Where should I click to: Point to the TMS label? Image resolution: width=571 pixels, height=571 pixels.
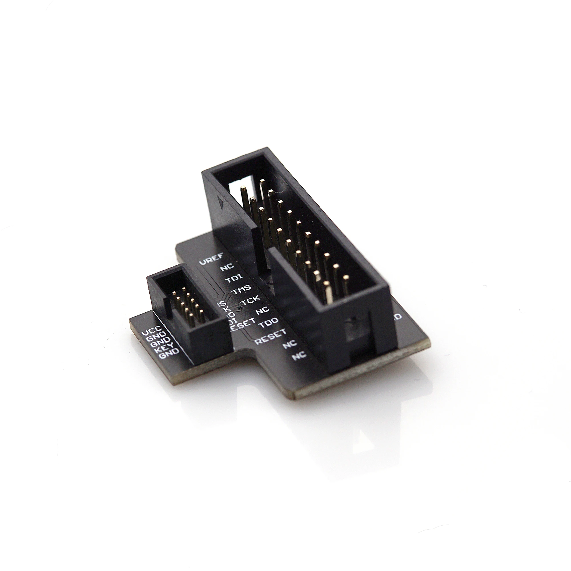[242, 288]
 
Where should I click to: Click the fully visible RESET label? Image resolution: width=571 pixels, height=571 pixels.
[271, 336]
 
